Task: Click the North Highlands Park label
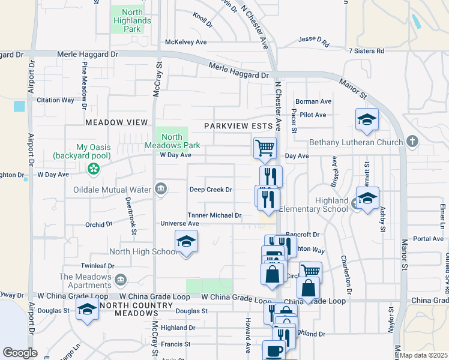click(127, 20)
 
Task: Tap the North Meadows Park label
click(172, 141)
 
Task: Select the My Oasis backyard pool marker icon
click(93, 170)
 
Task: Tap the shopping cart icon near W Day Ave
click(265, 146)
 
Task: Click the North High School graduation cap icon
click(187, 241)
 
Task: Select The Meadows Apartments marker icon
click(120, 278)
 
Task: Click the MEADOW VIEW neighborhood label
click(116, 122)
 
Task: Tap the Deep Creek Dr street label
click(211, 190)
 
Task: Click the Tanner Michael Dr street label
click(214, 215)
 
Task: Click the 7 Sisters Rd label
click(366, 51)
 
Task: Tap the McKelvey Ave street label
click(186, 42)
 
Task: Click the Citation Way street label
click(55, 100)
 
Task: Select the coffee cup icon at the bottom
click(274, 350)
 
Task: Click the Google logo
click(20, 353)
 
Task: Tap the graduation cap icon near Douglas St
click(88, 308)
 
